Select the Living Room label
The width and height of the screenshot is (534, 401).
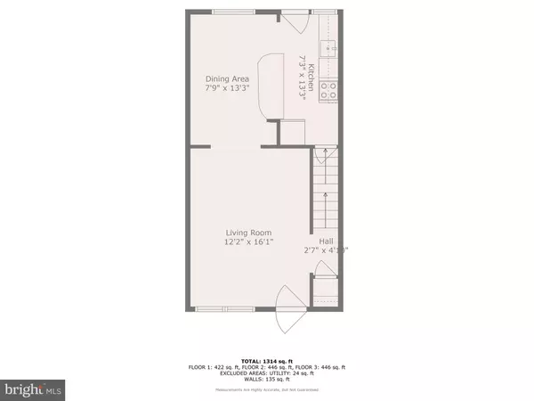[247, 233]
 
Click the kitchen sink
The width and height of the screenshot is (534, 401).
[328, 49]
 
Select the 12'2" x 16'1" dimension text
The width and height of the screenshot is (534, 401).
[247, 244]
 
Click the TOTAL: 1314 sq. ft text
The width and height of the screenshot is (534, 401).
[267, 359]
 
